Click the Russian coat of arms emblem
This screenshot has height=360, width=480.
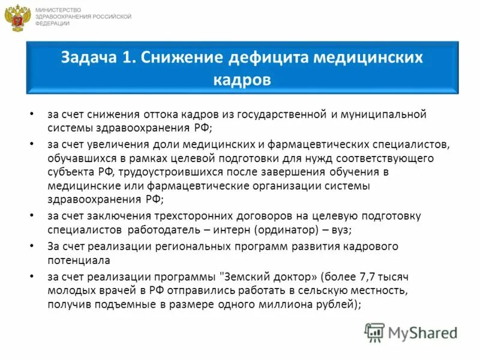19,17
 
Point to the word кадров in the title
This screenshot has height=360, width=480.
242,80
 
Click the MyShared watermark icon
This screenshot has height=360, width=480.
374,331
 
